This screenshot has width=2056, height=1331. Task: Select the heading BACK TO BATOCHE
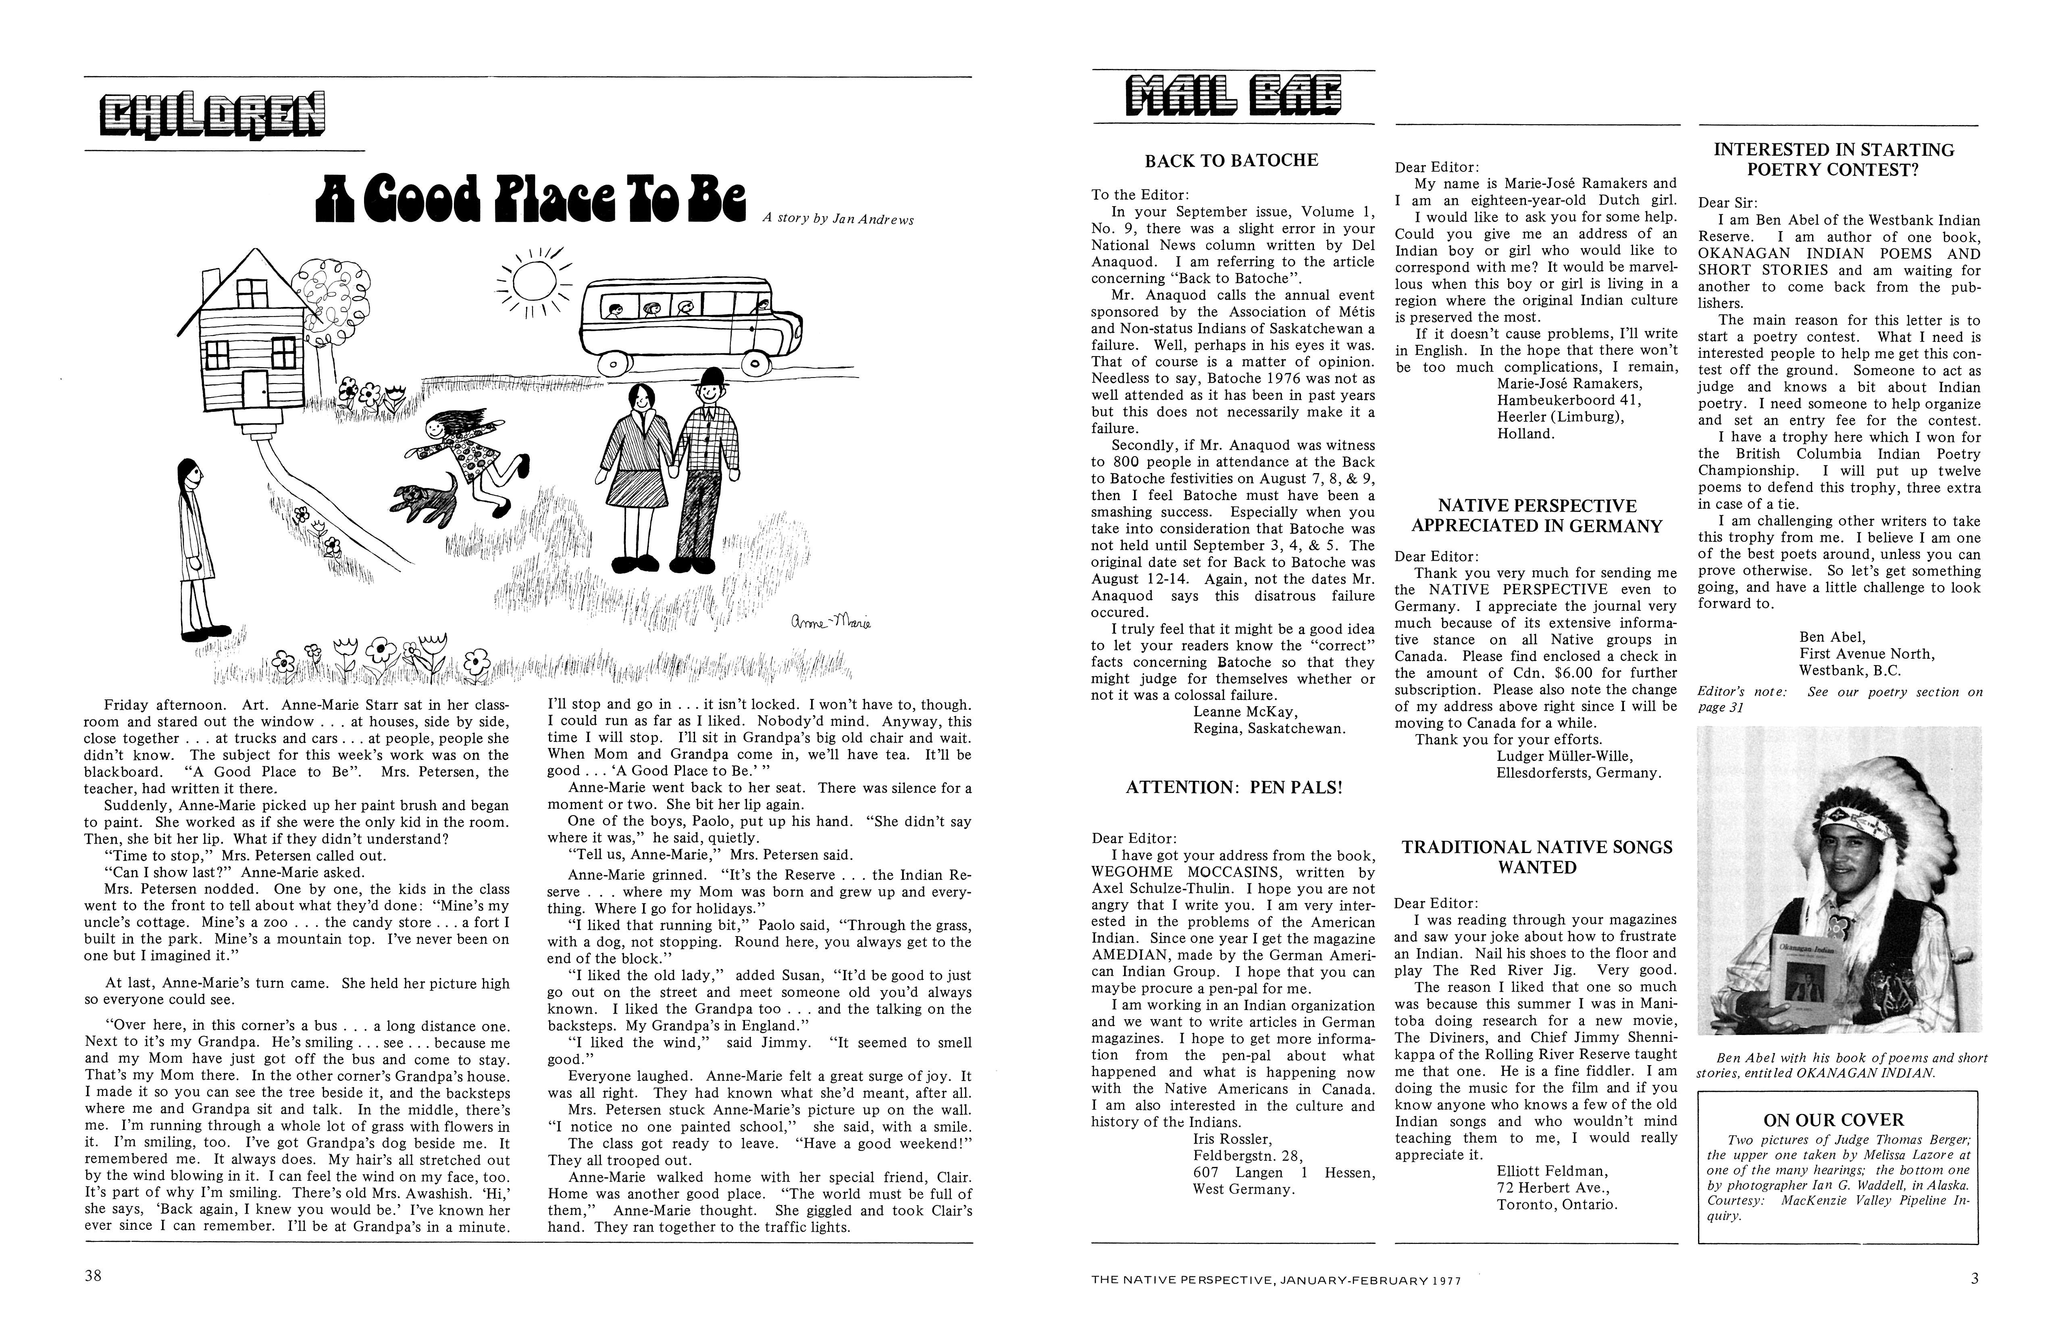(1231, 160)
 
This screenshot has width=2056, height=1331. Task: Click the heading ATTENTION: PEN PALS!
(1234, 787)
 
